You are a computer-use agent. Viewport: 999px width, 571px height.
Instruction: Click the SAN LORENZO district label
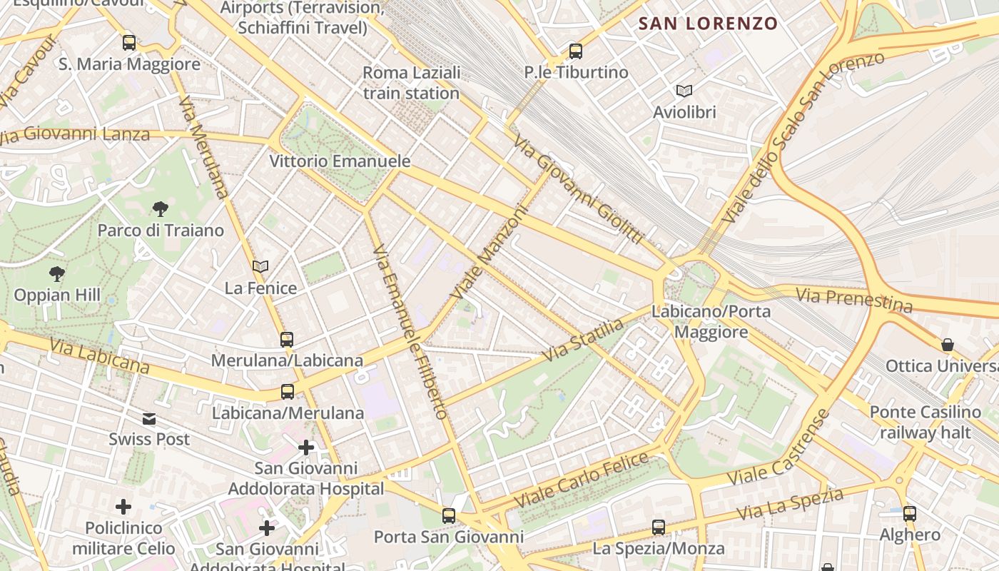click(x=708, y=24)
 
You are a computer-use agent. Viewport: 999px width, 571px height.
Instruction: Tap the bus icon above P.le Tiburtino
click(x=576, y=51)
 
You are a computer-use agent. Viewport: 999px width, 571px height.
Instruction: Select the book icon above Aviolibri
click(x=684, y=91)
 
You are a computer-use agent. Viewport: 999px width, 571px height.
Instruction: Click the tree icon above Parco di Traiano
click(x=161, y=209)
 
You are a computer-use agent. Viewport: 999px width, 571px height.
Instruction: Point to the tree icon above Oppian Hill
click(x=57, y=273)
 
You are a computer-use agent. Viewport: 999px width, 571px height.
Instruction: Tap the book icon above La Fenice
click(x=260, y=267)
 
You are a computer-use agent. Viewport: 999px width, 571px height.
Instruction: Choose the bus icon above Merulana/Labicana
click(x=287, y=340)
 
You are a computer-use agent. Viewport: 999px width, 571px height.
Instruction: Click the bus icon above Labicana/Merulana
click(x=288, y=392)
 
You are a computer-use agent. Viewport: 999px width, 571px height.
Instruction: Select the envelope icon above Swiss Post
click(x=149, y=418)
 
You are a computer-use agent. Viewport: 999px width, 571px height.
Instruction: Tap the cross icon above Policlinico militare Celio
click(x=123, y=507)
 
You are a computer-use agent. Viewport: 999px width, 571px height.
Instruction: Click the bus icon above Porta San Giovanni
click(x=449, y=515)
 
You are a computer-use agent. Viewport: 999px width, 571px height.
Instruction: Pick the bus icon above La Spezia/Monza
click(x=659, y=527)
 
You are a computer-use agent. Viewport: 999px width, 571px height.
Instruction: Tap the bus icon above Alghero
click(x=910, y=513)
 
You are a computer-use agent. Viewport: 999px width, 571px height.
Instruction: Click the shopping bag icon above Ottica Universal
click(x=948, y=345)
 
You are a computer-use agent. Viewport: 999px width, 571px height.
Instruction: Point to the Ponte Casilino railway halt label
click(x=926, y=423)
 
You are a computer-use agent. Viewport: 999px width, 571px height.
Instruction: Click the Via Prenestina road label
click(x=854, y=300)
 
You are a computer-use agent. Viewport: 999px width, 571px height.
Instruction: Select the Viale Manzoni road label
click(x=490, y=253)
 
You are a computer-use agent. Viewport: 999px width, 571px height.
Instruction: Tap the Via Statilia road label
click(x=583, y=340)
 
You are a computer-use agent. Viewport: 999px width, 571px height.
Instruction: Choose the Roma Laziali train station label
click(x=412, y=83)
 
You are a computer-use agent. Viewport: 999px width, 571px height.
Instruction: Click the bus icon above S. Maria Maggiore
click(x=129, y=43)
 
